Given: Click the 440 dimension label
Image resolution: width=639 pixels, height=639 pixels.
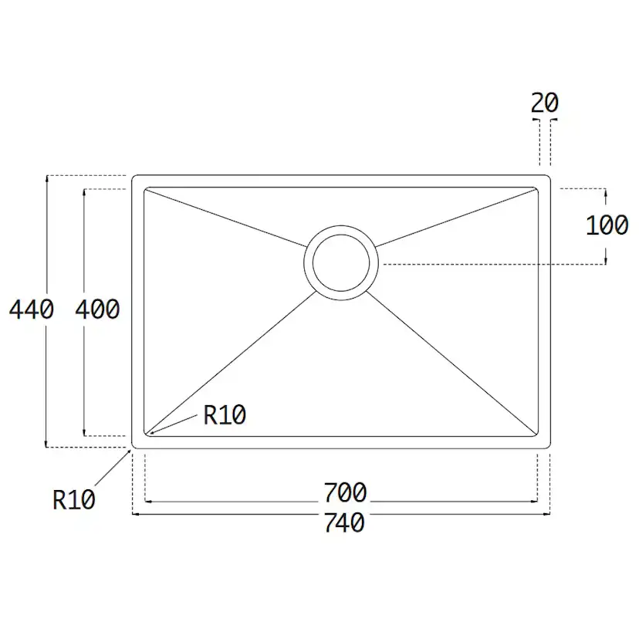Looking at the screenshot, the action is (32, 309).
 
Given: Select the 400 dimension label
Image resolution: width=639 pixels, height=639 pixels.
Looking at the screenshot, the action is (97, 309).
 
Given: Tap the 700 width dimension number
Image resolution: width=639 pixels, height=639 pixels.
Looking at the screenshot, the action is (345, 492).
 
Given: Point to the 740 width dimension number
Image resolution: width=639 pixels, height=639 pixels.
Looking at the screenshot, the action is (344, 523).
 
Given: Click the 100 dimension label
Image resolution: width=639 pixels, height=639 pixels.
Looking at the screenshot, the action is (607, 225).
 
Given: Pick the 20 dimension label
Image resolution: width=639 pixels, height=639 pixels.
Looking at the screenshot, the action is (544, 103).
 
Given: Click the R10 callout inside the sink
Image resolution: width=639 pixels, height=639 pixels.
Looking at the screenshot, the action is (225, 415).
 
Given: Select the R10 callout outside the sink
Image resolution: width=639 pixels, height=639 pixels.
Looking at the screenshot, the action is (74, 499).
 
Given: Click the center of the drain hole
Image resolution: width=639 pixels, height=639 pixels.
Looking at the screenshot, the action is (341, 263).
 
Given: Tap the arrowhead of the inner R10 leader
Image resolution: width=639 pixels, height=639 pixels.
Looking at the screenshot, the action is (151, 434).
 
